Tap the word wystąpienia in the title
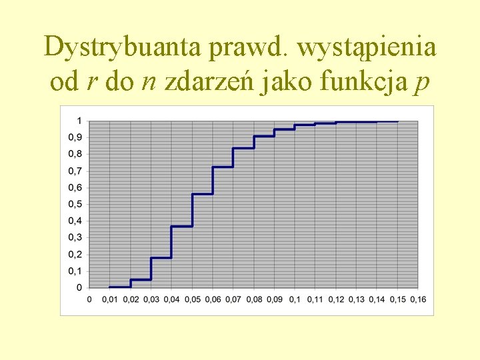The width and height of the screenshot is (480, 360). click(366, 48)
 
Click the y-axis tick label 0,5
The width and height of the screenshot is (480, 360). click(76, 204)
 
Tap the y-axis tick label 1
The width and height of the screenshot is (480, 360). click(79, 121)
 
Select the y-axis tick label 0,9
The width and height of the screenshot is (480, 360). click(76, 137)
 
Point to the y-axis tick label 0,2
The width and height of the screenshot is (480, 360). click(76, 254)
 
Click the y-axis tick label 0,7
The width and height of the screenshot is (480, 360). click(76, 171)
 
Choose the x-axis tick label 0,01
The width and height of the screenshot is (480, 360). click(110, 299)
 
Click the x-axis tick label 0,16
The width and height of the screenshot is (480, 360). click(418, 299)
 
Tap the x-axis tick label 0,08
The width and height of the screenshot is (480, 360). click(254, 299)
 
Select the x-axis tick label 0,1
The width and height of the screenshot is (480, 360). click(295, 299)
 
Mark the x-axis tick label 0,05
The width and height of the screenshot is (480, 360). click(192, 299)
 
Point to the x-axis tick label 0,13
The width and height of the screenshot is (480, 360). click(357, 299)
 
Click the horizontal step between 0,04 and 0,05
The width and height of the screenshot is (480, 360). click(181, 226)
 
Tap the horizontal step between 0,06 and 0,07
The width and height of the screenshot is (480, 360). click(223, 167)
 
